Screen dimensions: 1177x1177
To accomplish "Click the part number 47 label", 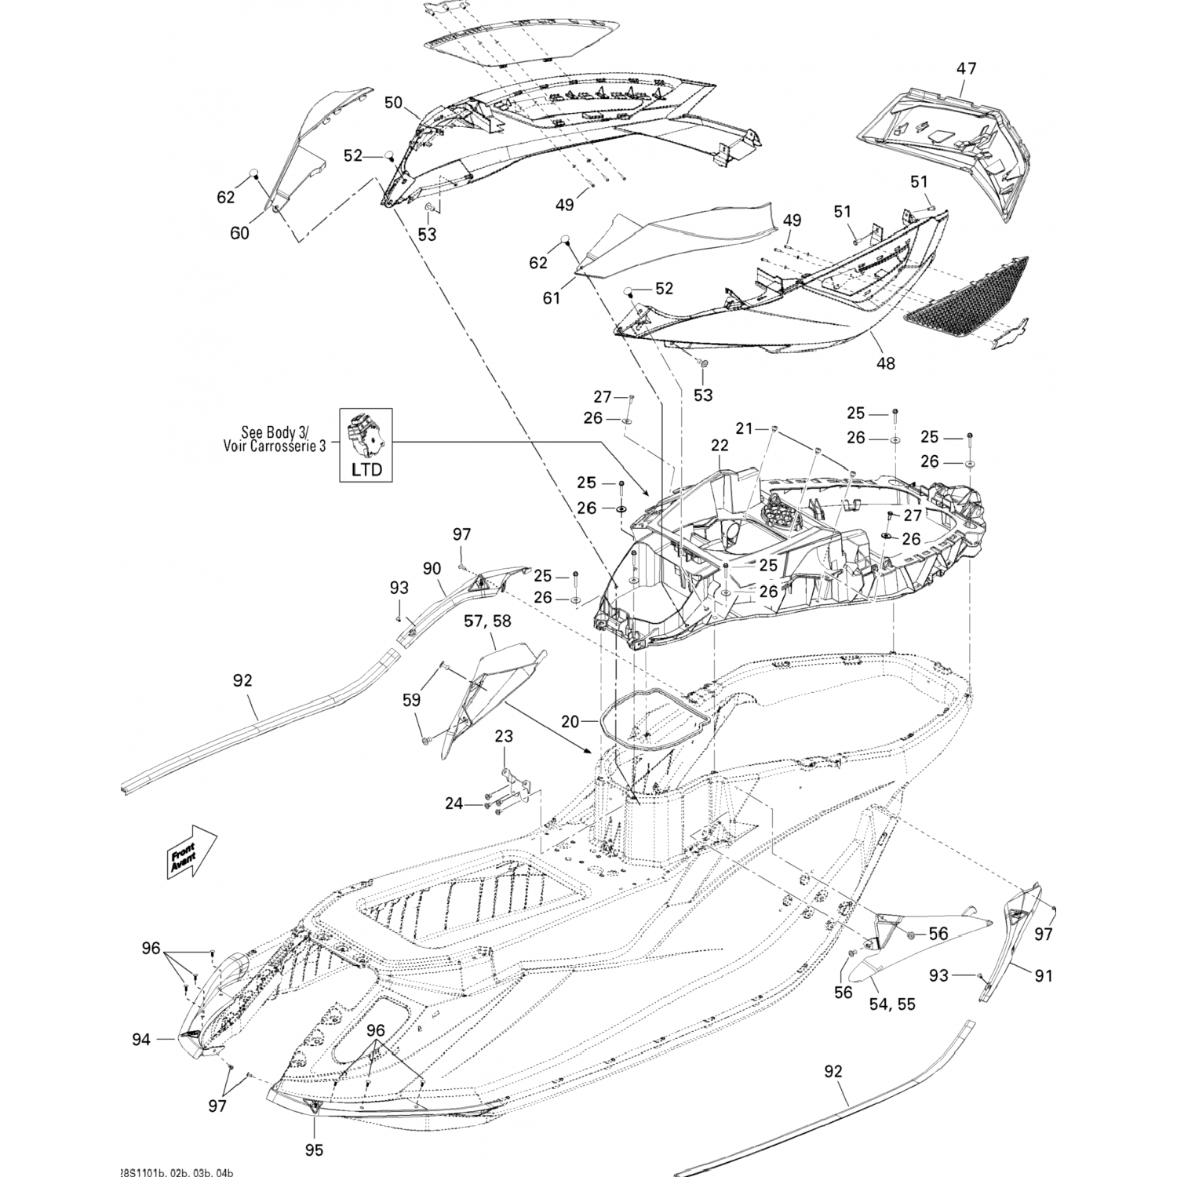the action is coord(966,68).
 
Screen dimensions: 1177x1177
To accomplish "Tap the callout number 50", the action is coord(393,102).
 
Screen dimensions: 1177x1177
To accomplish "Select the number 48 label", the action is coord(886,363).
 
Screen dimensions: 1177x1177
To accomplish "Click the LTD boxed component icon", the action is coord(366,444).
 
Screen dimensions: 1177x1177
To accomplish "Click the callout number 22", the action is coord(720,445).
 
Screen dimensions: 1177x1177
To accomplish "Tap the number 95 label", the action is coord(314,1151).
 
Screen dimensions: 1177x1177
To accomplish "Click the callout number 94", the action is coord(141,1040).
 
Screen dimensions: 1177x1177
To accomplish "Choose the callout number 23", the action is coord(504,736).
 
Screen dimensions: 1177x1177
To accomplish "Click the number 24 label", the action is coord(454,803).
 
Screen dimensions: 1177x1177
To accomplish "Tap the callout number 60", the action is coord(239,233).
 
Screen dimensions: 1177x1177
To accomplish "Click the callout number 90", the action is coord(432,569).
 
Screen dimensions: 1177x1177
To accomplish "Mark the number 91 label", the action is coord(1043,975).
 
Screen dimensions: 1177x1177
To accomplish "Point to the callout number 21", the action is coord(744,428).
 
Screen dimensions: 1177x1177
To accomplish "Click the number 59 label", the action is coord(411,699).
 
